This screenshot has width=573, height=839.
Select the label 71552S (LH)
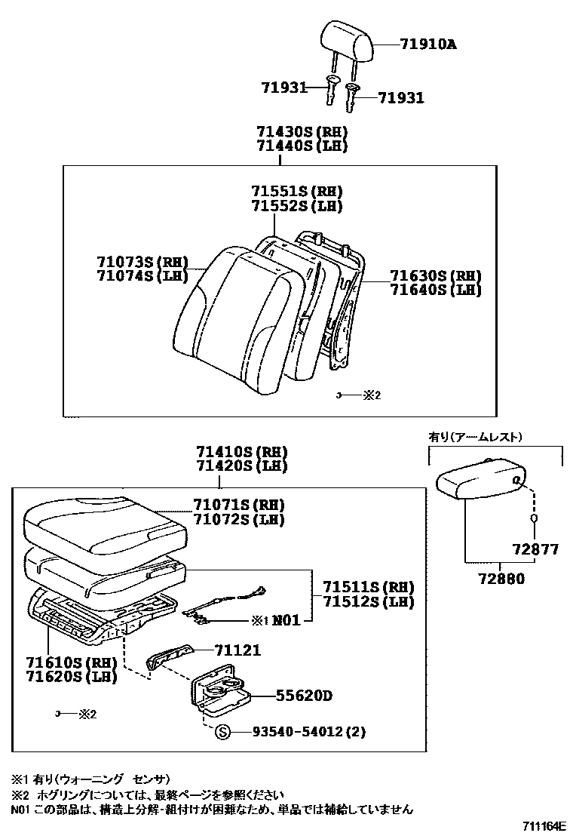pyautogui.click(x=297, y=205)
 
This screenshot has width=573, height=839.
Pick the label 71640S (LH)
pyautogui.click(x=435, y=290)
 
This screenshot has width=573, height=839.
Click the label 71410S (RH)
pyautogui.click(x=241, y=452)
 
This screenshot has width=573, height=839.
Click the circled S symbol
pyautogui.click(x=222, y=731)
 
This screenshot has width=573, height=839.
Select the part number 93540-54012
pyautogui.click(x=289, y=732)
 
